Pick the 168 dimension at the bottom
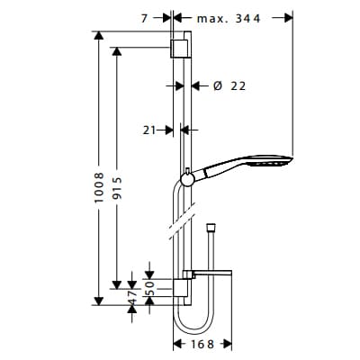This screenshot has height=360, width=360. click(202, 344)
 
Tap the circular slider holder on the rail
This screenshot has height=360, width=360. click(186, 179)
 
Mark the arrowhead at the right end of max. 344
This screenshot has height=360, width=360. click(290, 17)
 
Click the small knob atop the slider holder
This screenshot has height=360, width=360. click(186, 169)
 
